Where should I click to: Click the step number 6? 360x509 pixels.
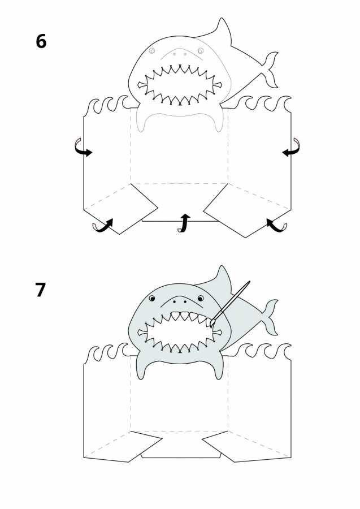point(41,41)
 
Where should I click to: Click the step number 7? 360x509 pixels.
point(40,290)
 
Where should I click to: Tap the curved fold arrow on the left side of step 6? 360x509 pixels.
point(82,148)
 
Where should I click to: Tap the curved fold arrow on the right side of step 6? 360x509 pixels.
point(291,148)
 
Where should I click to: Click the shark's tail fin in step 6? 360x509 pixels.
point(270,69)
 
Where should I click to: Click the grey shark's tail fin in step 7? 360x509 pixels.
point(270,317)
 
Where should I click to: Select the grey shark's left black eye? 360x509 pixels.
point(152,298)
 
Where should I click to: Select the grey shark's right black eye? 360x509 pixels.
point(201,298)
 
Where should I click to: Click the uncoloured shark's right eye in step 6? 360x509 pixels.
point(201,51)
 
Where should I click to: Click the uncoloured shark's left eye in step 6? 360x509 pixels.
point(152,51)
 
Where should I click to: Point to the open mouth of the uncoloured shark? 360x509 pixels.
point(180,85)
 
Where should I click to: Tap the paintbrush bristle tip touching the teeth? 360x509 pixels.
point(211,326)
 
